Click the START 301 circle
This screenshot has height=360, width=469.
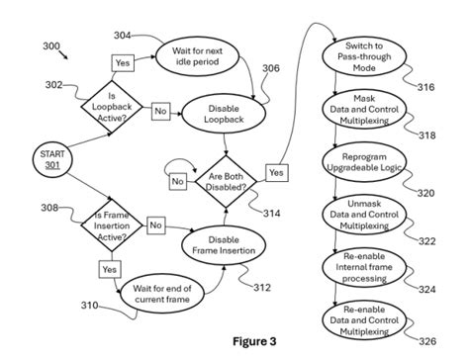(x=49, y=160)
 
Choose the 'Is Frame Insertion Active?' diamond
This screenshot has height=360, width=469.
(x=112, y=225)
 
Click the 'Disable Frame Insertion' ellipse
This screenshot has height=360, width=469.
(x=222, y=244)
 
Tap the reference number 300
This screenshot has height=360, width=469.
(x=50, y=45)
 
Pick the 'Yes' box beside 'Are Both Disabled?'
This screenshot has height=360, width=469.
(x=276, y=172)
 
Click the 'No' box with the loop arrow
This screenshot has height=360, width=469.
(x=178, y=181)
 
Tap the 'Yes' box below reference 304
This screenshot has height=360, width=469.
(x=123, y=62)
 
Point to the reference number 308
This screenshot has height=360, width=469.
(x=48, y=207)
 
